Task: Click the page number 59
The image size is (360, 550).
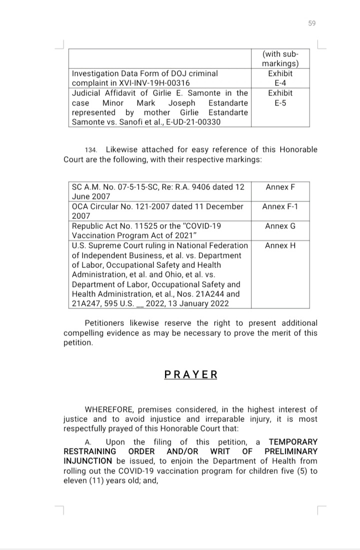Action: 312,23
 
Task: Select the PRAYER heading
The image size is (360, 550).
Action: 190,374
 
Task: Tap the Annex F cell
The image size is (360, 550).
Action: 280,187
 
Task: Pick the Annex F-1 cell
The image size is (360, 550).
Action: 280,206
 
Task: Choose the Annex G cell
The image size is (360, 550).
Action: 280,226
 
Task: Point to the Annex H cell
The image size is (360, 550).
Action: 280,245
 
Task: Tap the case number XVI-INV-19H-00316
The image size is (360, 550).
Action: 147,83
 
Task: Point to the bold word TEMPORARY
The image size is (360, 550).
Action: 293,442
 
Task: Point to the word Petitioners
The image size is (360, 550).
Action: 106,323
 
